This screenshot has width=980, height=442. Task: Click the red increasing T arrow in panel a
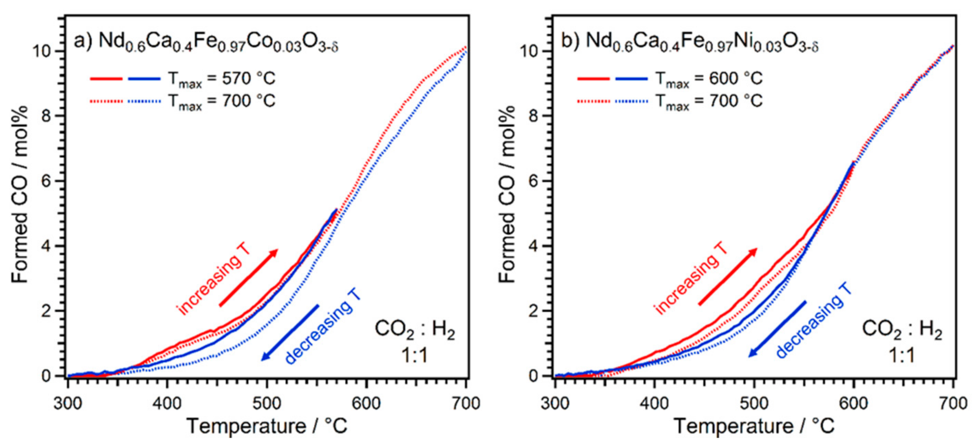[248, 277]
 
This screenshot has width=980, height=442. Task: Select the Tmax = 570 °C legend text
[221, 79]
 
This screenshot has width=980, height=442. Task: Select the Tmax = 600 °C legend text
[709, 79]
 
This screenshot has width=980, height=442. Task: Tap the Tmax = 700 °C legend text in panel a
[221, 102]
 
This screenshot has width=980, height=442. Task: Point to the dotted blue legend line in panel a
[144, 102]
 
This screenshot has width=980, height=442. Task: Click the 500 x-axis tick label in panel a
[267, 403]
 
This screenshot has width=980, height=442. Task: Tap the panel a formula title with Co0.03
[206, 42]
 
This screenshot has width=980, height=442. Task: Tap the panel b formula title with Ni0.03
[689, 42]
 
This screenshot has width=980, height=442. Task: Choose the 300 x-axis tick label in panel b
[555, 403]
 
